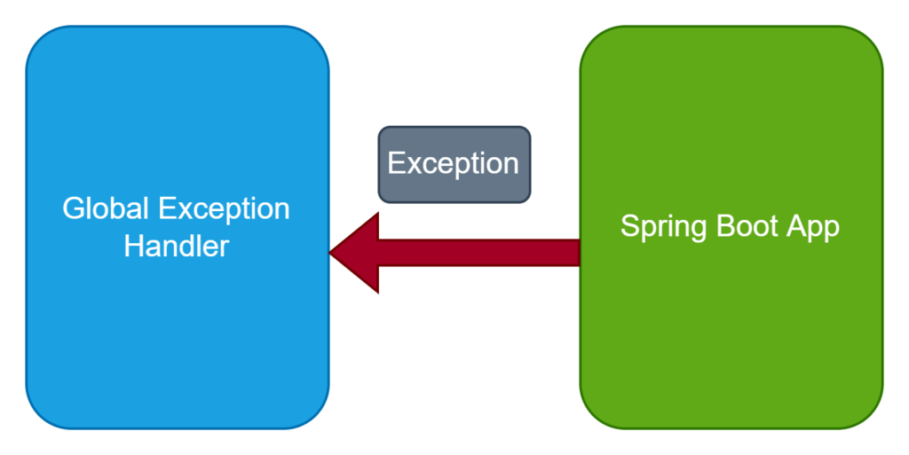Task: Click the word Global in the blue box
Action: click(x=106, y=208)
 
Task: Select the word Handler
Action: click(x=177, y=246)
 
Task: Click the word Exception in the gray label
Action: click(x=454, y=164)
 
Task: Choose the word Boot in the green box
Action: click(x=747, y=225)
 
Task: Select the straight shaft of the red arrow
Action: click(x=479, y=253)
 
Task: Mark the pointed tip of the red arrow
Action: click(x=330, y=253)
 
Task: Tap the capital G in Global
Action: click(x=73, y=208)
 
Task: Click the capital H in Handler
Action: click(x=133, y=246)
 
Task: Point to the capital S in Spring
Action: click(x=630, y=226)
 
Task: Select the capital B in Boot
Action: click(x=726, y=226)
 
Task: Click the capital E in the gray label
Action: click(x=397, y=162)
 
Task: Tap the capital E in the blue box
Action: click(x=167, y=208)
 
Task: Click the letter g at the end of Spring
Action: click(x=700, y=231)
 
